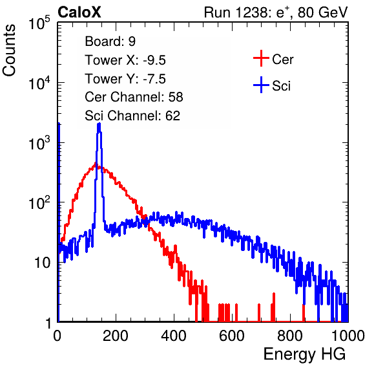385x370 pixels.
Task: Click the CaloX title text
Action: (79, 12)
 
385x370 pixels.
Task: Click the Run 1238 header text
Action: (276, 12)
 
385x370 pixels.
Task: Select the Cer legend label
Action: (282, 60)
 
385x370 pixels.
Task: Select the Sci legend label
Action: (281, 86)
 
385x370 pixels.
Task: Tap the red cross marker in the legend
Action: (261, 58)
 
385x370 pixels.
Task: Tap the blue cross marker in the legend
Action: (261, 85)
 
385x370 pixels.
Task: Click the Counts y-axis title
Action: (9, 50)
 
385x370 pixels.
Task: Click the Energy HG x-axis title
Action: (304, 354)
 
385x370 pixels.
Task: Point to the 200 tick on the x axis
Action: (116, 336)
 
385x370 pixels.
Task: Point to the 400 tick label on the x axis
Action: (174, 336)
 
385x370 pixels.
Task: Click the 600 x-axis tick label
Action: (232, 336)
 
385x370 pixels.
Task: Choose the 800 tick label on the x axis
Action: (290, 336)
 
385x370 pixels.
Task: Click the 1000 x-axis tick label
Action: (348, 336)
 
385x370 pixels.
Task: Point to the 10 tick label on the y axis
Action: (43, 263)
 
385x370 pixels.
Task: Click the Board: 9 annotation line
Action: (110, 41)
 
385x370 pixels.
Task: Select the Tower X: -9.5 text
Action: (125, 60)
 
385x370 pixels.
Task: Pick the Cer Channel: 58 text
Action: (134, 97)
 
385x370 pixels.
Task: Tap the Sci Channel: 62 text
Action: (132, 116)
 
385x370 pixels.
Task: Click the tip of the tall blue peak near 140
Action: (99, 124)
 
